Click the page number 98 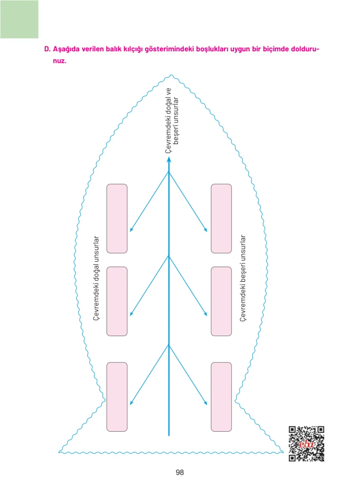pyautogui.click(x=180, y=472)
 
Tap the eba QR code pyautogui.click(x=306, y=443)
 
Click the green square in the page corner pyautogui.click(x=19, y=19)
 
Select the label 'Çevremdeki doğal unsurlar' pyautogui.click(x=96, y=278)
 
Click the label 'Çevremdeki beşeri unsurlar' pyautogui.click(x=243, y=278)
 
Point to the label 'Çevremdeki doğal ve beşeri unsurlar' pyautogui.click(x=172, y=121)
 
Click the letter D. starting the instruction pyautogui.click(x=47, y=49)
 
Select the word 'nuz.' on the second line pyautogui.click(x=60, y=61)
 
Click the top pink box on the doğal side pyautogui.click(x=117, y=219)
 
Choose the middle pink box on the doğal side pyautogui.click(x=117, y=301)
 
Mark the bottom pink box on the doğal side pyautogui.click(x=117, y=397)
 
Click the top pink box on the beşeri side pyautogui.click(x=221, y=219)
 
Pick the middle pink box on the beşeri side pyautogui.click(x=221, y=301)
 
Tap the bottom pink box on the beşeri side pyautogui.click(x=221, y=397)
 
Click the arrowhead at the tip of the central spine pyautogui.click(x=169, y=159)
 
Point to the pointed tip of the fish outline pyautogui.click(x=171, y=76)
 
